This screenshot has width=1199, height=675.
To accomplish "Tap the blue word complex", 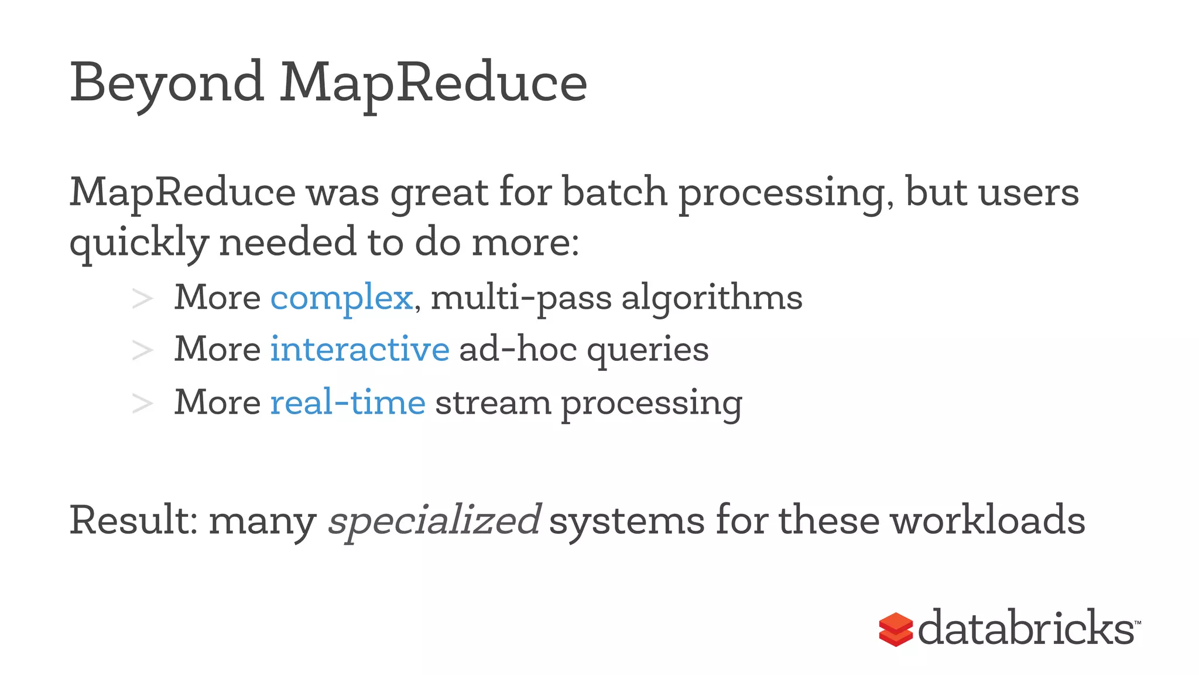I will (x=341, y=298).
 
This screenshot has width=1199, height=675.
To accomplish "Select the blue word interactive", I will (x=359, y=349).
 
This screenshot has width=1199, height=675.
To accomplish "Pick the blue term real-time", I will (x=347, y=403).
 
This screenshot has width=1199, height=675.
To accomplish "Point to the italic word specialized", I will (x=434, y=521).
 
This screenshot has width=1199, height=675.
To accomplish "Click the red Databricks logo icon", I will (x=895, y=629).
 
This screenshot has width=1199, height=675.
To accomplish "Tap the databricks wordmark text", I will (x=1026, y=628).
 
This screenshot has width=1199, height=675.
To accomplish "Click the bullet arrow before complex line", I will (x=142, y=299).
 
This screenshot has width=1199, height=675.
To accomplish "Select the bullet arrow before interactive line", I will (x=142, y=350).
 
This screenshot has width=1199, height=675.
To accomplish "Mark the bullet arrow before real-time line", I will (x=142, y=403).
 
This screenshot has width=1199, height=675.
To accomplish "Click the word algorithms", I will (x=711, y=298).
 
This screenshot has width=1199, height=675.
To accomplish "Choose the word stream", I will (x=493, y=403).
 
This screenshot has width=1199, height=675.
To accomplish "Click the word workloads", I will (x=988, y=520).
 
